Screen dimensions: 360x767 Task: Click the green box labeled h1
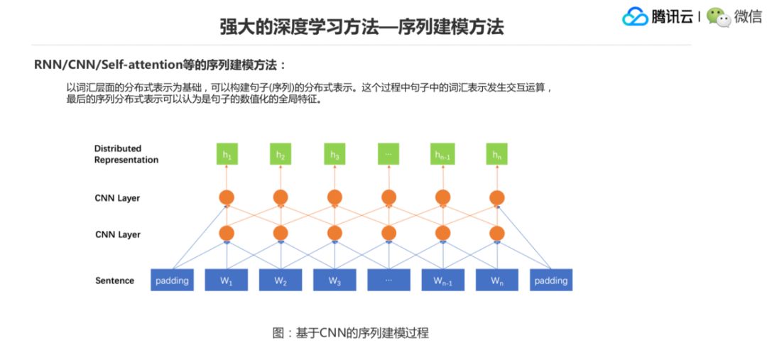(x=227, y=154)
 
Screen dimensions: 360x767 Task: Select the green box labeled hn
(x=496, y=154)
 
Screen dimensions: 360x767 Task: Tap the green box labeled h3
(x=334, y=154)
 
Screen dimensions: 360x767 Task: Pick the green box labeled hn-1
(x=442, y=154)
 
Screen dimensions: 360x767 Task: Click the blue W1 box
(x=227, y=280)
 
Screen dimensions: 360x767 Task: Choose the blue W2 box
(x=281, y=280)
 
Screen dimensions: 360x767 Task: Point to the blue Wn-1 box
(x=442, y=280)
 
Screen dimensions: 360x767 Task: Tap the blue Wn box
(x=496, y=280)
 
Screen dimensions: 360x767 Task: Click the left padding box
(x=172, y=280)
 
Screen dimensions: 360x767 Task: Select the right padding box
(x=551, y=280)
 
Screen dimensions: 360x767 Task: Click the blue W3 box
(x=334, y=280)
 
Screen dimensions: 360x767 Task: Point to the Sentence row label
(x=114, y=280)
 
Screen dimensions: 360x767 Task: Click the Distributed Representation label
(x=126, y=154)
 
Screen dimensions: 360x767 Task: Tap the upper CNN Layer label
(x=117, y=198)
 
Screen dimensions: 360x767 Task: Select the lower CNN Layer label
(x=117, y=234)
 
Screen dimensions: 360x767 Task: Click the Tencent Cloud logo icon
(x=635, y=17)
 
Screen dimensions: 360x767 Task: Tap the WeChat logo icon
(x=718, y=17)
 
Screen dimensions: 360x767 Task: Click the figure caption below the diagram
(x=351, y=332)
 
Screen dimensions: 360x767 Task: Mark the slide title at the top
(x=361, y=27)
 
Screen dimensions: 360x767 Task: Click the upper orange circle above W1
(x=227, y=197)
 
